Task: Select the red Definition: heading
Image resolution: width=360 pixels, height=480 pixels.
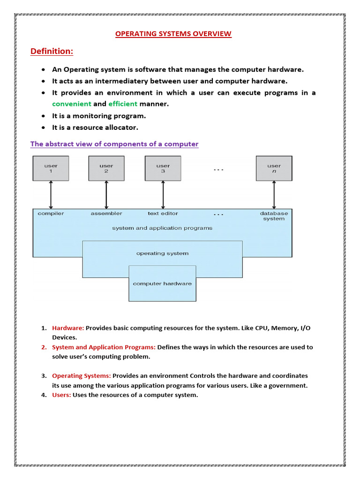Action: pos(52,51)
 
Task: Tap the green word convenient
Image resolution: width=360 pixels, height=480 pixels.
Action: pos(71,104)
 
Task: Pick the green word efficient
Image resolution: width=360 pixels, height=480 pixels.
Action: pos(123,104)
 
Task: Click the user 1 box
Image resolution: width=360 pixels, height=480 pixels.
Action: pos(51,168)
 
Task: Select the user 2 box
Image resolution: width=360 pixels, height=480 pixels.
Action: pos(106,168)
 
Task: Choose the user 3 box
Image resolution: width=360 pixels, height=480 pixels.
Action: pos(163,168)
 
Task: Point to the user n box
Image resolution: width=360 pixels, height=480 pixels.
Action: pos(274,168)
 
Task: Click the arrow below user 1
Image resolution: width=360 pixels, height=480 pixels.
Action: pos(51,195)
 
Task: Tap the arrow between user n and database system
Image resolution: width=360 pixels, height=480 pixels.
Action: pos(274,195)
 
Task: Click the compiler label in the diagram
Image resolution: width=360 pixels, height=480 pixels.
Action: pos(51,213)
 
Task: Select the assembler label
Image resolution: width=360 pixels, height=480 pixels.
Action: pos(106,213)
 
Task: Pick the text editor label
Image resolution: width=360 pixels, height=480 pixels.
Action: pos(163,213)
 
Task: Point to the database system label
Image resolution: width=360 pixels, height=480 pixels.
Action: pos(274,216)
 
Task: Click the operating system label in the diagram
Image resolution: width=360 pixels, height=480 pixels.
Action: pos(162,253)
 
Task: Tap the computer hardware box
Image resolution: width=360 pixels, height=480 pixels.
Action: pos(162,284)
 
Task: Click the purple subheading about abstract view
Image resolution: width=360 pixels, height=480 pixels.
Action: pos(114,144)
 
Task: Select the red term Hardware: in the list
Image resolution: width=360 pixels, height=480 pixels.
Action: pos(68,328)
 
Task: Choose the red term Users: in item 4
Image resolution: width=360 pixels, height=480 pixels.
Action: pos(61,395)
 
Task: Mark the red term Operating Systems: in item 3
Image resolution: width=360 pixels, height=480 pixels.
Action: pos(82,376)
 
